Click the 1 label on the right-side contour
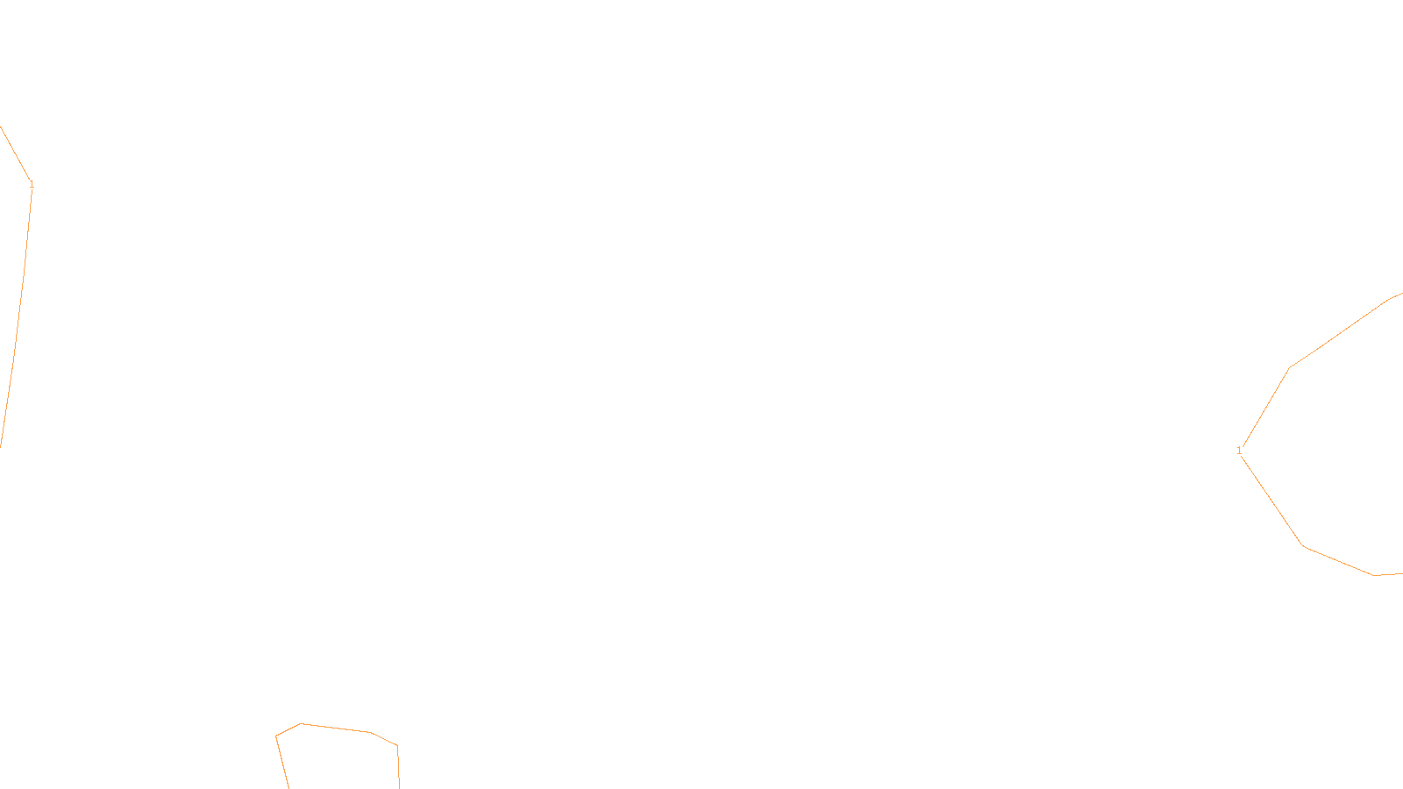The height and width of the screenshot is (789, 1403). (1239, 451)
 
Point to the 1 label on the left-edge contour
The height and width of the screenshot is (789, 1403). (32, 184)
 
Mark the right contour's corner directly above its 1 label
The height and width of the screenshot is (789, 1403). (1289, 368)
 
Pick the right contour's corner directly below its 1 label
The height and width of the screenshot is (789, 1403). (1303, 545)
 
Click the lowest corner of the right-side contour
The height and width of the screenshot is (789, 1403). (1373, 575)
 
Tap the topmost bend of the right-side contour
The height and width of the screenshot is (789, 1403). (1390, 299)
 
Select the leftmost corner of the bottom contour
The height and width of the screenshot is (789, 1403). (276, 736)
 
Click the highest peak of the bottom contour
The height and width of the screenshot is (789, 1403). (302, 723)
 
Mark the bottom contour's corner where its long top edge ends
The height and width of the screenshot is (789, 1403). (371, 732)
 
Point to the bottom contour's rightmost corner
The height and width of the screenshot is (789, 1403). (397, 746)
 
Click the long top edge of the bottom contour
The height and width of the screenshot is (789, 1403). (336, 728)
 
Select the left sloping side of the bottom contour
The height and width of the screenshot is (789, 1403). (282, 762)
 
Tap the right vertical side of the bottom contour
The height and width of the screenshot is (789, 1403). (398, 767)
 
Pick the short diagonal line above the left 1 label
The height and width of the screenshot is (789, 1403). (15, 153)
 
